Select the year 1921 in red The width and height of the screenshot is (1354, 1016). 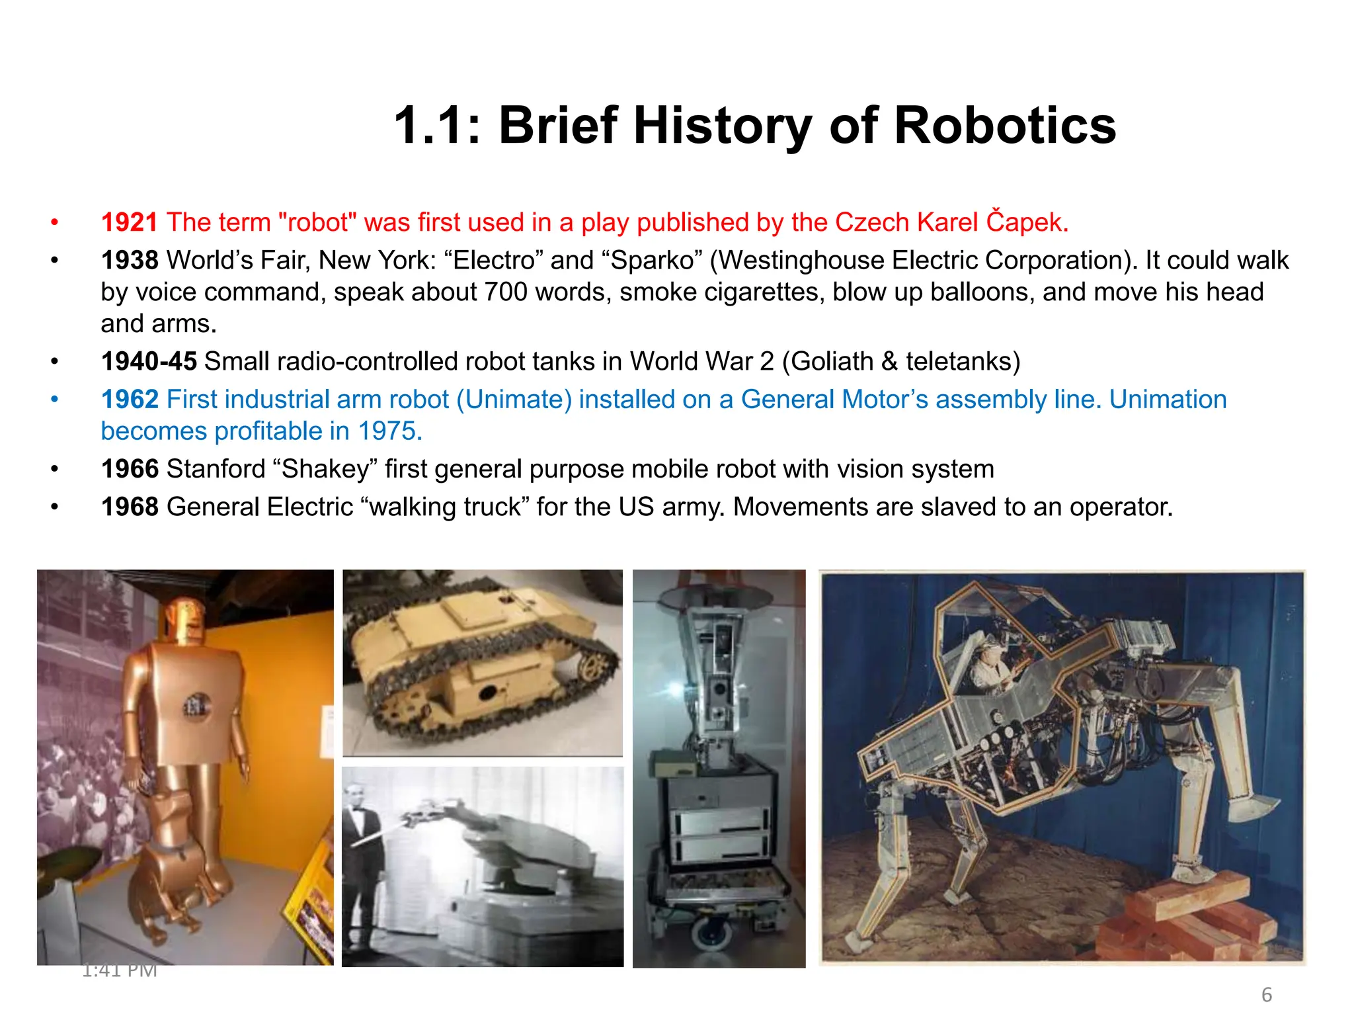click(x=130, y=222)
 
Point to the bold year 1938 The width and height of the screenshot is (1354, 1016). click(x=130, y=260)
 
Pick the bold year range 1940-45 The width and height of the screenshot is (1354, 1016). click(x=149, y=361)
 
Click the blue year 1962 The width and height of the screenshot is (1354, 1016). click(x=130, y=400)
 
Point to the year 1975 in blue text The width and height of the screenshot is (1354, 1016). click(x=389, y=431)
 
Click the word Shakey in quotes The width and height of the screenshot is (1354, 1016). click(x=325, y=469)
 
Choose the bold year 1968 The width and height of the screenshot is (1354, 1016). click(x=130, y=507)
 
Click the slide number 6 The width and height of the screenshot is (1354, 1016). click(x=1267, y=994)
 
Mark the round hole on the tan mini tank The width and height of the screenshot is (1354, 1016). click(x=488, y=693)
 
